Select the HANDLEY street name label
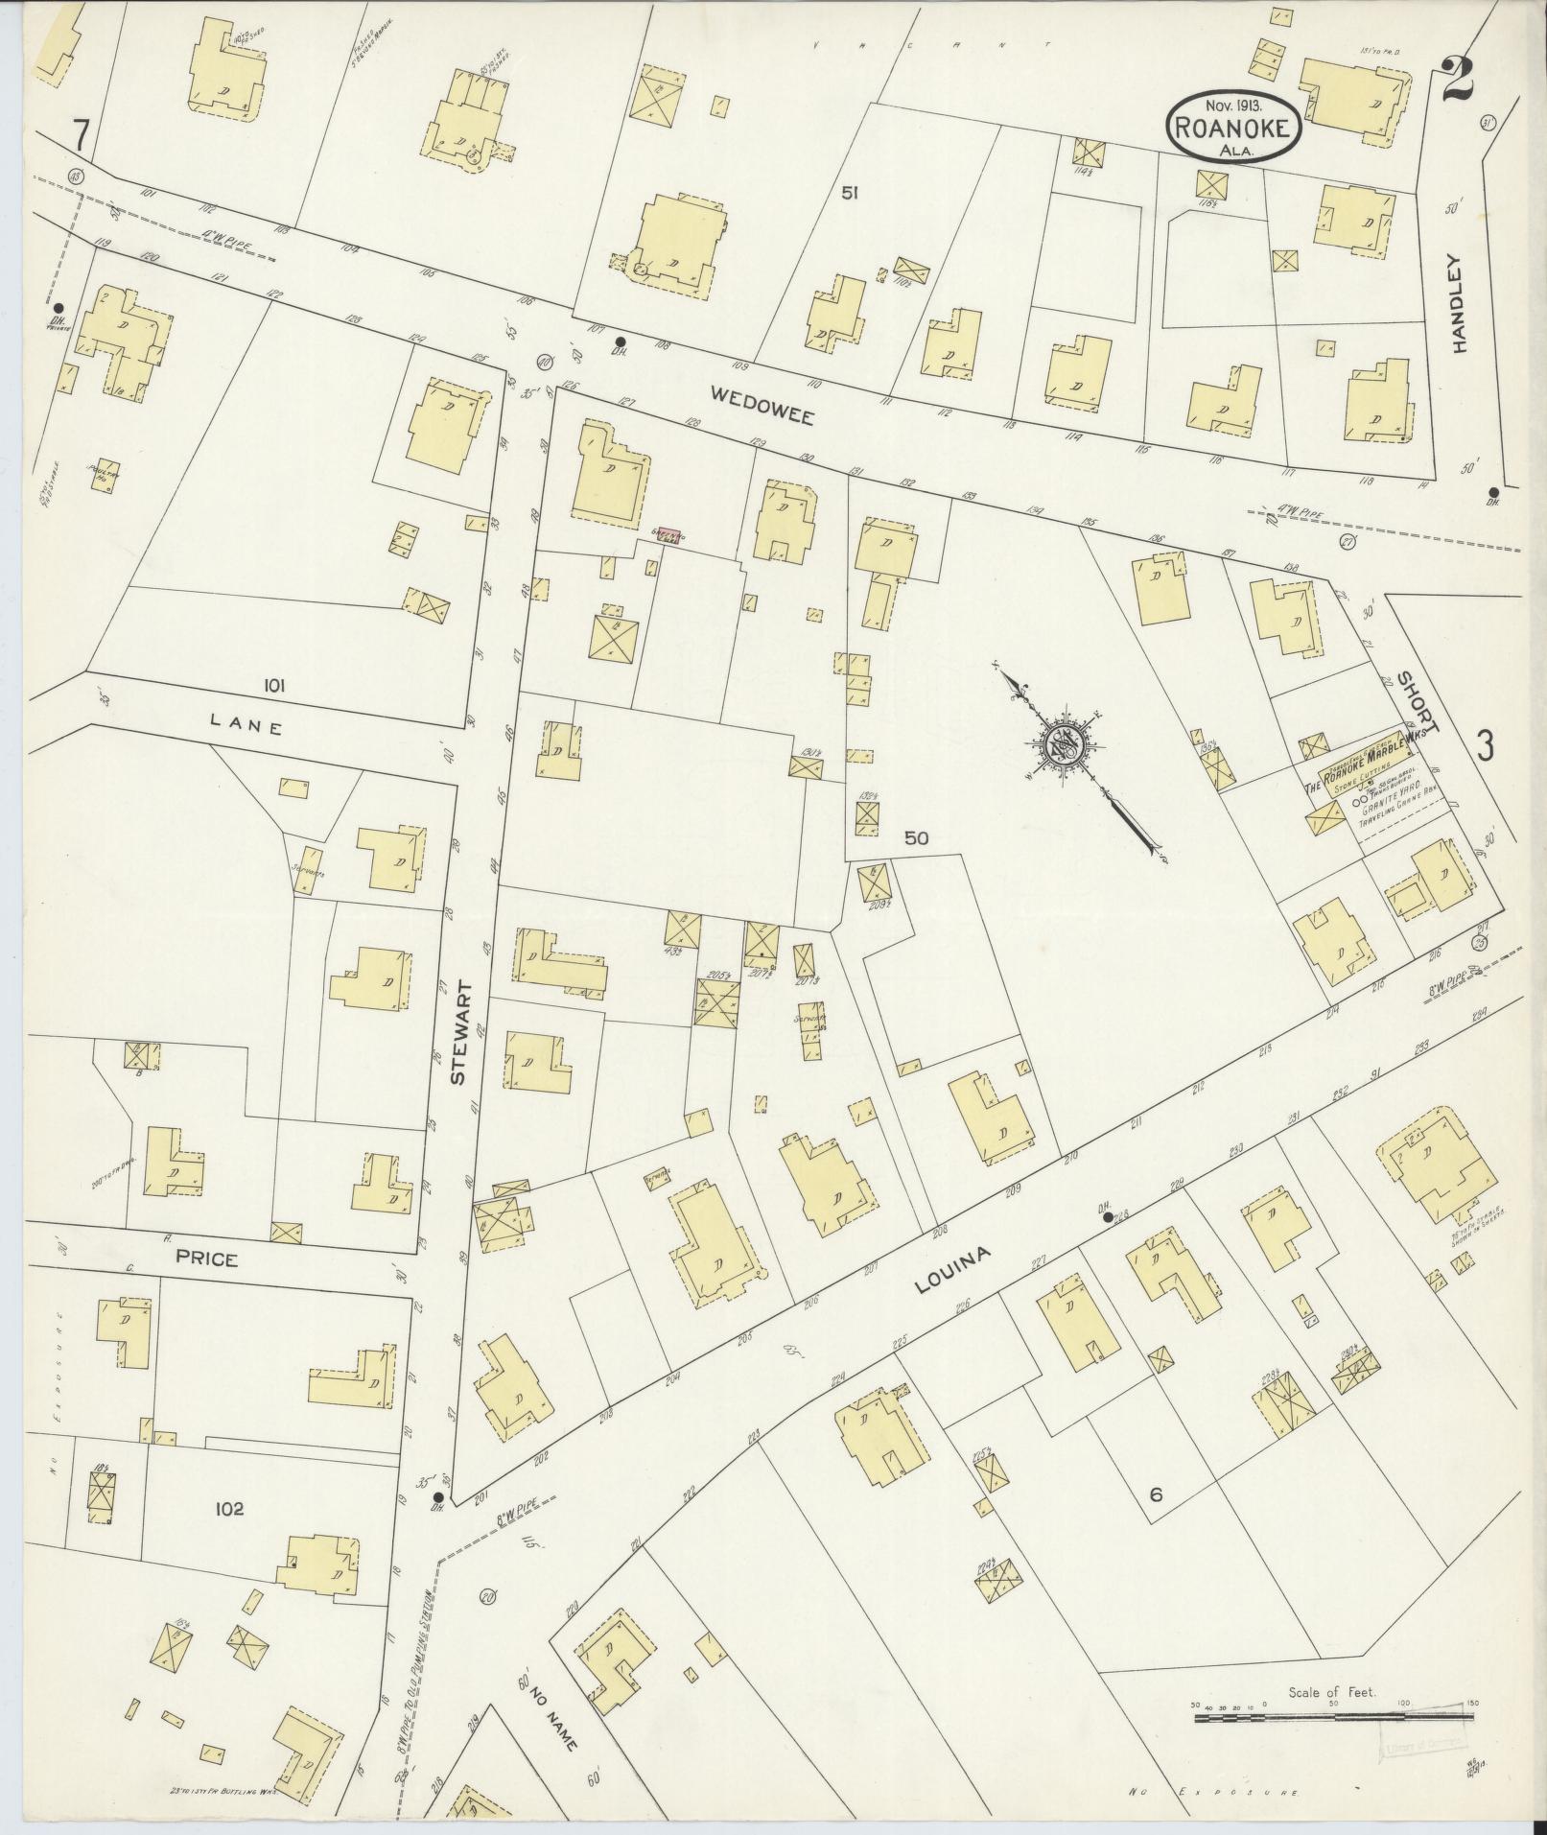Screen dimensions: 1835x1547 click(1460, 304)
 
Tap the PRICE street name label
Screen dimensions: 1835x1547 click(206, 1259)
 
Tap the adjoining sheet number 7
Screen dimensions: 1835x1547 click(82, 137)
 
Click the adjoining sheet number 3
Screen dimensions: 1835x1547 click(1485, 745)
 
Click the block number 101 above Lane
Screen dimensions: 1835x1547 click(274, 686)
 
